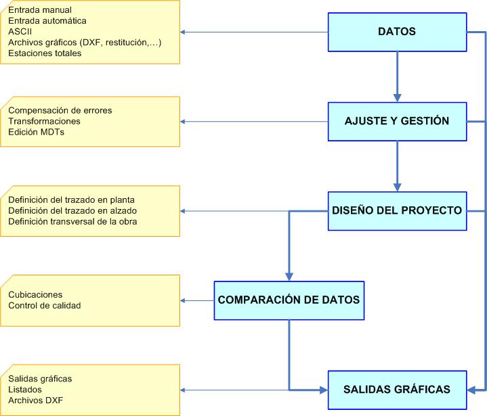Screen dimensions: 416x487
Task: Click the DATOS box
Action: coord(397,32)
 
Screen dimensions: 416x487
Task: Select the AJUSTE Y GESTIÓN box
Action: coord(397,121)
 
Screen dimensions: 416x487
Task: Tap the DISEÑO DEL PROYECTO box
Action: coord(397,210)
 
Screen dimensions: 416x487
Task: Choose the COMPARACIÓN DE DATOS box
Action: coord(289,300)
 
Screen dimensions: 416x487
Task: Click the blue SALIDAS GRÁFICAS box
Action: coord(397,389)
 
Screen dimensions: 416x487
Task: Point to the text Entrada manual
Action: coord(39,11)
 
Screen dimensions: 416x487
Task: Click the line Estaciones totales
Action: coord(45,53)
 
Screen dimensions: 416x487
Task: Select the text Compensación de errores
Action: coord(60,110)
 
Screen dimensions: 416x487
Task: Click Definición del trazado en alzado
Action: coord(72,210)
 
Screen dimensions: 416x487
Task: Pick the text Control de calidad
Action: coord(44,306)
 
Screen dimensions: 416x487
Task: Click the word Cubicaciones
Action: coord(35,295)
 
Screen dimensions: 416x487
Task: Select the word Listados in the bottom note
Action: coord(25,390)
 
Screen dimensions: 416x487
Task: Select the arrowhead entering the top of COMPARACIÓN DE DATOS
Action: coord(289,275)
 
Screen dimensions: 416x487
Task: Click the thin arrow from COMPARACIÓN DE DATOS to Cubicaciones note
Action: coord(198,300)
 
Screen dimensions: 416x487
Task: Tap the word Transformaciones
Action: coord(44,121)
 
